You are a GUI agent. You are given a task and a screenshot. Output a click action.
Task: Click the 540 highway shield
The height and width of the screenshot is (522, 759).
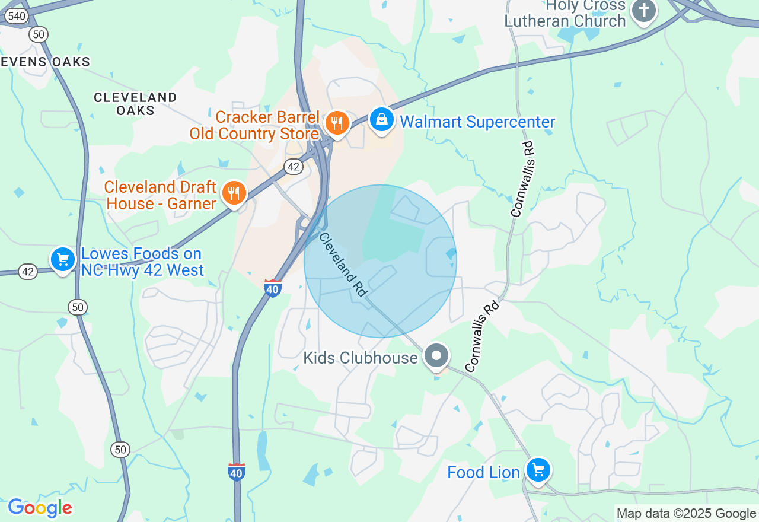[x=16, y=16]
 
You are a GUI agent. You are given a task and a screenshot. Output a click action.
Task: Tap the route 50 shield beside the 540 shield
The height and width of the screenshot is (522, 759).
[x=39, y=34]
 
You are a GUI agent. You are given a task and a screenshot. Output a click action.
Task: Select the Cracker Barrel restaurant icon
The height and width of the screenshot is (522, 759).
[x=337, y=123]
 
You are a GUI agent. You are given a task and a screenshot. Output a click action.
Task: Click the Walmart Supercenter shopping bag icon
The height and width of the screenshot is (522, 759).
[x=382, y=120]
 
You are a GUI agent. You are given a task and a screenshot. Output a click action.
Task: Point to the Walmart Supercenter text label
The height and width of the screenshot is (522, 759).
[x=477, y=122]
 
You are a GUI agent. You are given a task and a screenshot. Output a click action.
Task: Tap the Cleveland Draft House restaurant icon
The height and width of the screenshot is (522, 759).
[x=234, y=193]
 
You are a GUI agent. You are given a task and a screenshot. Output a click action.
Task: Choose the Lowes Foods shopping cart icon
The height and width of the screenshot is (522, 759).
[x=63, y=259]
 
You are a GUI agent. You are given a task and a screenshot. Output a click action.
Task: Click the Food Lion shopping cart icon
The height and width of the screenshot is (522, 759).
[x=538, y=470]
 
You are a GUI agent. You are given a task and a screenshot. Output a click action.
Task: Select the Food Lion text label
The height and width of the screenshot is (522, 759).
[x=483, y=473]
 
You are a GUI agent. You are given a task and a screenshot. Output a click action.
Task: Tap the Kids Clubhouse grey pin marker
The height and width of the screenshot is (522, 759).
[x=437, y=356]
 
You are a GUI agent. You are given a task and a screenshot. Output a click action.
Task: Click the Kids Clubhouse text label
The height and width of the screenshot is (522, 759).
[x=361, y=358]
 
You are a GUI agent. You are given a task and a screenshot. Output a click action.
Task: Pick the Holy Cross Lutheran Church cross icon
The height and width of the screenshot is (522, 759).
[x=643, y=10]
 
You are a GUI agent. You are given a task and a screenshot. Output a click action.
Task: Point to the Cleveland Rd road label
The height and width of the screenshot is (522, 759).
[x=344, y=265]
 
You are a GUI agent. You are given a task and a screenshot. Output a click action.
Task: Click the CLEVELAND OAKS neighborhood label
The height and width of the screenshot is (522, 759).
[x=135, y=104]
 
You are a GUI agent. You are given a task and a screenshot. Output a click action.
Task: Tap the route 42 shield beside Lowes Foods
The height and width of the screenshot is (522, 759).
[x=27, y=272]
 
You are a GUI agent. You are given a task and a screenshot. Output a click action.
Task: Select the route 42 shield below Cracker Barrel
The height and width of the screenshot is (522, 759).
[x=294, y=167]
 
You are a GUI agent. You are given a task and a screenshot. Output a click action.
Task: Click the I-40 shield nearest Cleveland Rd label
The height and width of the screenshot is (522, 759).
[x=273, y=288]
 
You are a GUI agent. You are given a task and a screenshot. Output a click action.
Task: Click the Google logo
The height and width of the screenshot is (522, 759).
[x=40, y=508]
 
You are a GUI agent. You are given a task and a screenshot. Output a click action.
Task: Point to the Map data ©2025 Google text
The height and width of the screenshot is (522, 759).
[x=686, y=514]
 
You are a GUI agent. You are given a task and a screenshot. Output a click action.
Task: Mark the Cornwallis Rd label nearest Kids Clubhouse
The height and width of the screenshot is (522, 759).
[x=482, y=336]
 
